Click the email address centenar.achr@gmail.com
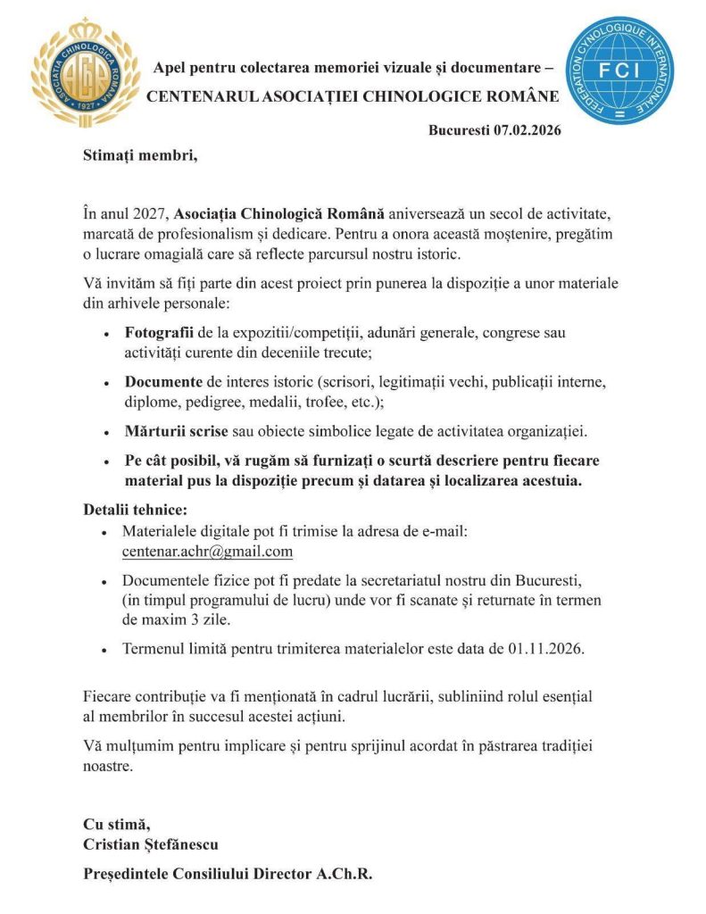[207, 551]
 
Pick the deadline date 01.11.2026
[544, 649]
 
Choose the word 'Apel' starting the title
[170, 68]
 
